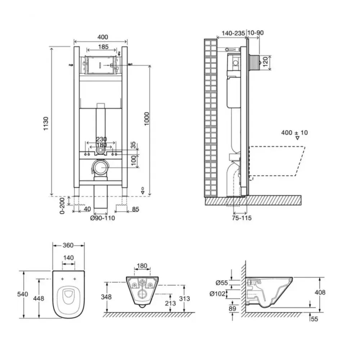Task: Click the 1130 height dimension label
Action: pyautogui.click(x=46, y=123)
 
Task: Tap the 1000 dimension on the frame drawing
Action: pyautogui.click(x=147, y=118)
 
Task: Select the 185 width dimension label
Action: pyautogui.click(x=103, y=47)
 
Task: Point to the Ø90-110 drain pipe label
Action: pyautogui.click(x=102, y=218)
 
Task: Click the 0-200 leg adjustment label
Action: pyautogui.click(x=62, y=206)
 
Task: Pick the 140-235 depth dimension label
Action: pyautogui.click(x=233, y=33)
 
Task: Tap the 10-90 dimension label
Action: pyautogui.click(x=256, y=33)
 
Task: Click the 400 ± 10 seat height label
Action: pyautogui.click(x=294, y=133)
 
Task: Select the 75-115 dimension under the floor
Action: pyautogui.click(x=242, y=218)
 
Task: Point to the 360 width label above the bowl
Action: pyautogui.click(x=68, y=245)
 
